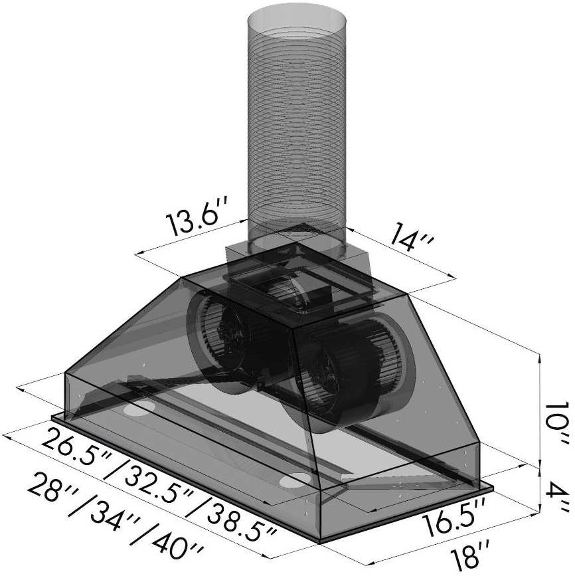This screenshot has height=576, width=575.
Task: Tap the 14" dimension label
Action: pyautogui.click(x=411, y=240)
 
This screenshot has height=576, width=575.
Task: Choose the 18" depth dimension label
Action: pyautogui.click(x=465, y=555)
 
